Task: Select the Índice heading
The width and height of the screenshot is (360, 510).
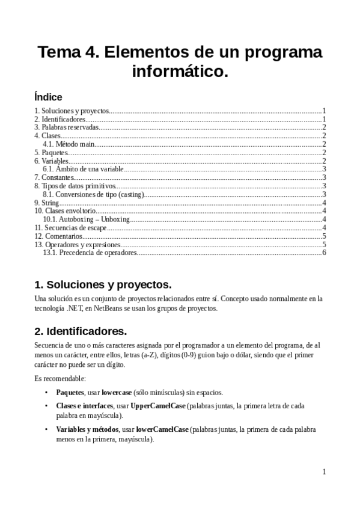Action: pyautogui.click(x=48, y=97)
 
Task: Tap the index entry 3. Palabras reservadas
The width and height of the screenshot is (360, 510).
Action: pyautogui.click(x=66, y=127)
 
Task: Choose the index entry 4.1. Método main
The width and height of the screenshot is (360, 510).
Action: pyautogui.click(x=69, y=144)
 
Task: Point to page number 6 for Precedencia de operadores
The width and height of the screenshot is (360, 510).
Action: pyautogui.click(x=323, y=253)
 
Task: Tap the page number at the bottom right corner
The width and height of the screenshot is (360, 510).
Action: pyautogui.click(x=323, y=472)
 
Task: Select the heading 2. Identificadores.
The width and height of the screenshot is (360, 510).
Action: pyautogui.click(x=80, y=331)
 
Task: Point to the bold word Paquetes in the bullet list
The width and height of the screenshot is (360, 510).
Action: pyautogui.click(x=70, y=392)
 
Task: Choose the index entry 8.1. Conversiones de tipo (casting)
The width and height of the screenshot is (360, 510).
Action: pyautogui.click(x=94, y=194)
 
